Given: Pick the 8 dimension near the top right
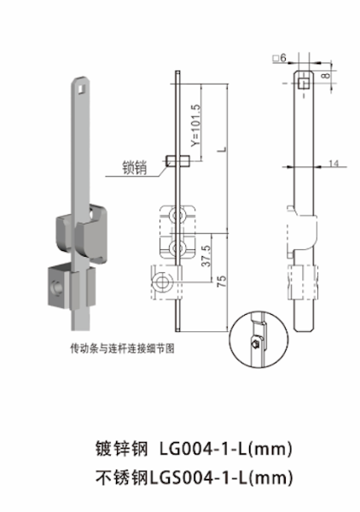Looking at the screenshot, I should point(325,76).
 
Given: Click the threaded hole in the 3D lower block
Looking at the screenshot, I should point(52,288).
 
